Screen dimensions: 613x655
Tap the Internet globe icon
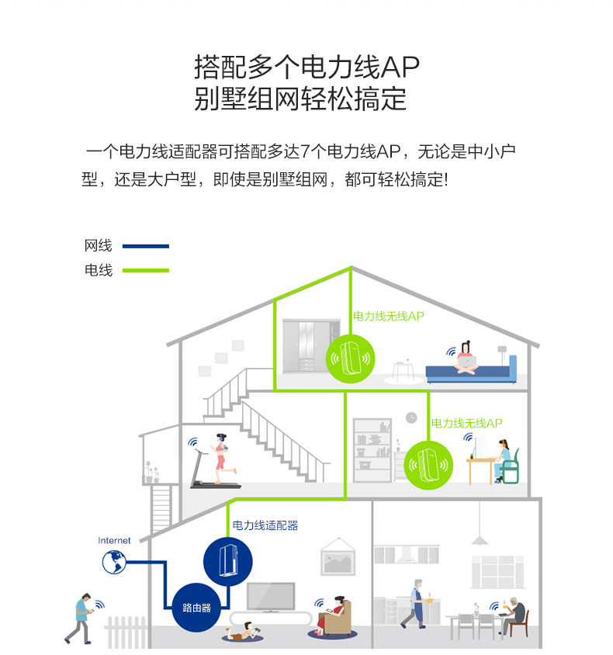tap(114, 562)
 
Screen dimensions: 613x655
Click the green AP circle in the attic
tap(351, 359)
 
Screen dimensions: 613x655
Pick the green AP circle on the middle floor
tap(424, 464)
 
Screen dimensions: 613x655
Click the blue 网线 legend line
tap(145, 246)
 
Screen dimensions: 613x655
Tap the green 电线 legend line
tap(145, 270)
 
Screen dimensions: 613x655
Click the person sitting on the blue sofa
tap(466, 359)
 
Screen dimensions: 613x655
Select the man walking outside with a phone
tap(81, 616)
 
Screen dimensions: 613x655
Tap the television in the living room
tap(271, 597)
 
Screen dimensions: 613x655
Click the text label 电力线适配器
tap(265, 525)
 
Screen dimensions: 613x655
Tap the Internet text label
tap(114, 540)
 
